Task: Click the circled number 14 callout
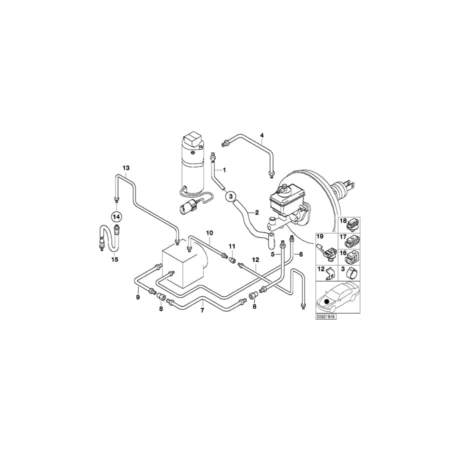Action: (116, 216)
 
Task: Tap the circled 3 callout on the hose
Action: (230, 196)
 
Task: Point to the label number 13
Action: (125, 167)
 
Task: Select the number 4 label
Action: (261, 135)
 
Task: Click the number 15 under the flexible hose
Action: (114, 259)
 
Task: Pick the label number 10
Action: (209, 233)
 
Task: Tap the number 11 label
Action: (232, 246)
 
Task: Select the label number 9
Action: (137, 297)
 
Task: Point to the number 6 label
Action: (300, 254)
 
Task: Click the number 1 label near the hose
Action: (224, 170)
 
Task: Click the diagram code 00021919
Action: (326, 316)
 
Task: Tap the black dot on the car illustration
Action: (327, 301)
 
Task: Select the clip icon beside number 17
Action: (353, 241)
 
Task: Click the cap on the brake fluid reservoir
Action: (283, 188)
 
